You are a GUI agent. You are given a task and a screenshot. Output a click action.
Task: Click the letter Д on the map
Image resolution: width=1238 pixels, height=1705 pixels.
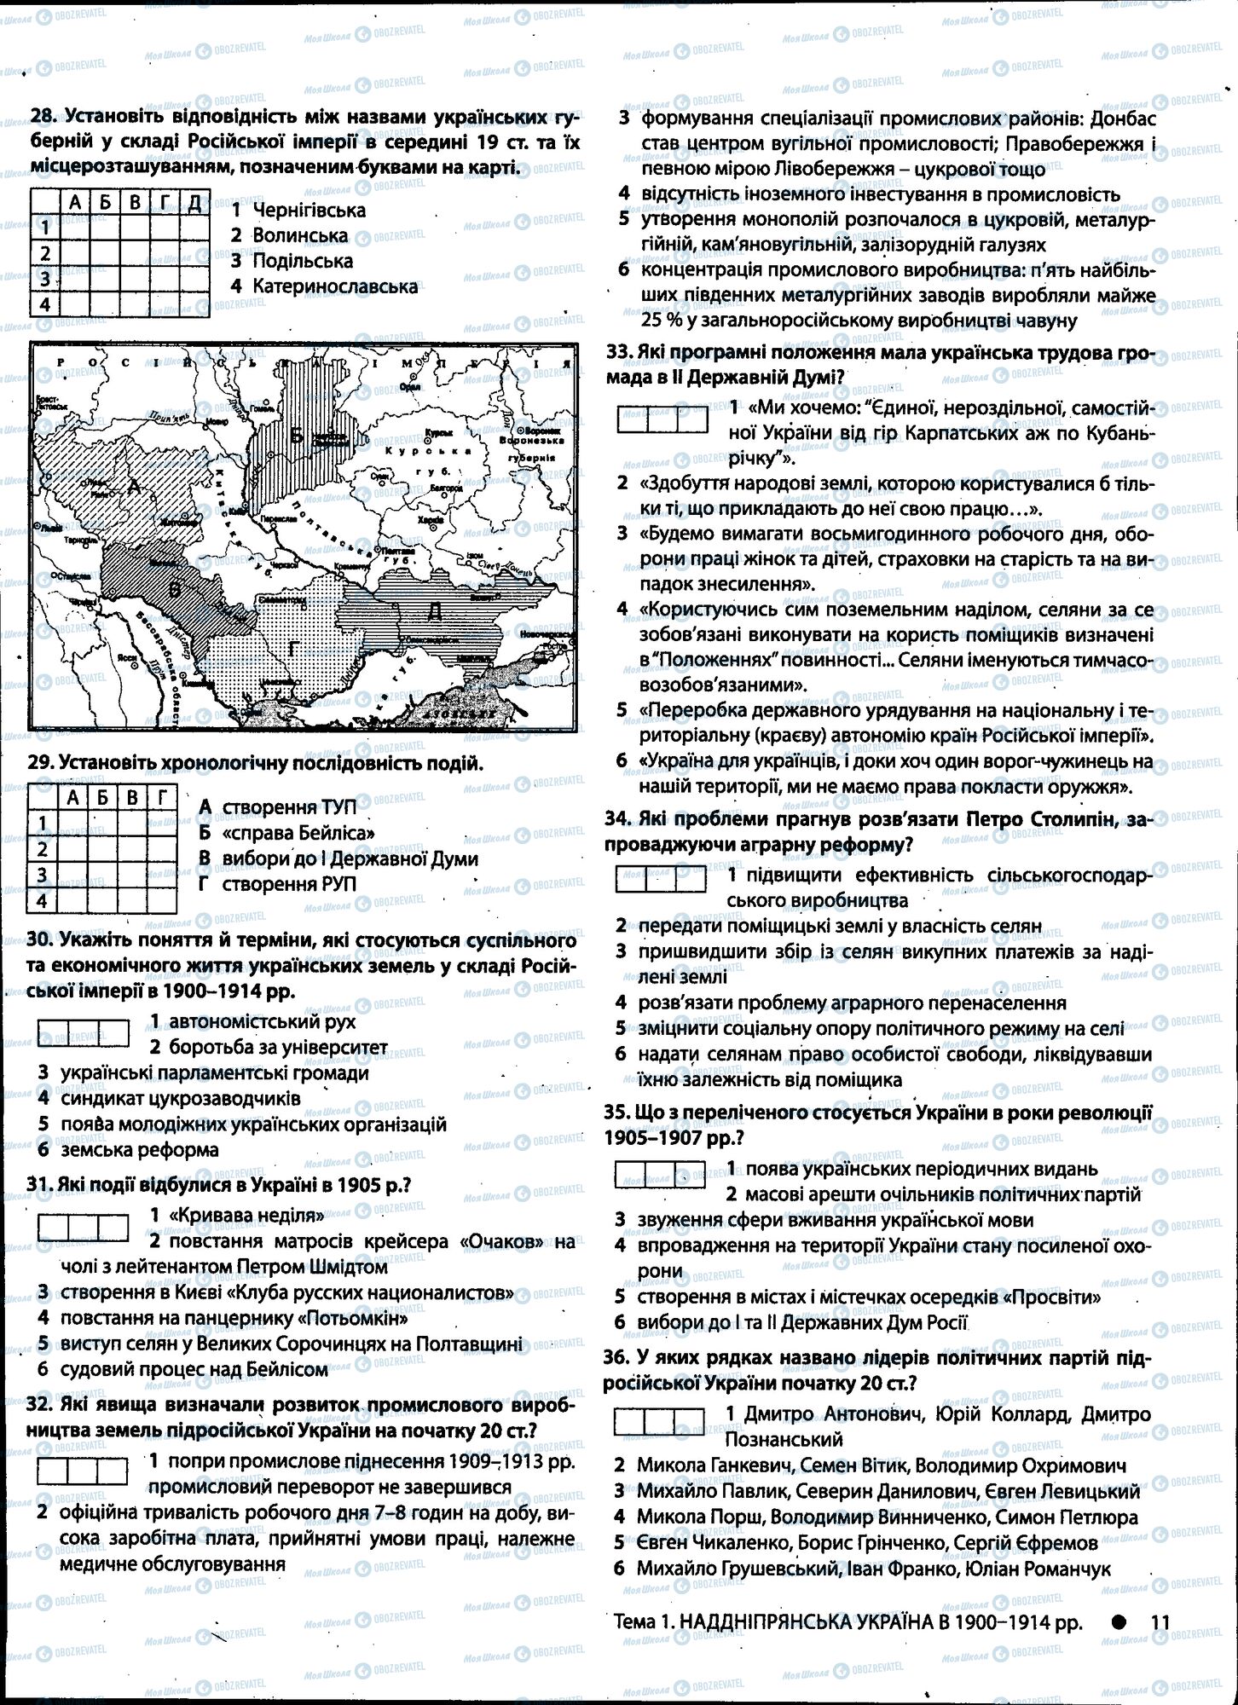click(434, 610)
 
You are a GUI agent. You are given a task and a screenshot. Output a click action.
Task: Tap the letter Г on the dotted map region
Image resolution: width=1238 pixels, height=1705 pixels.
click(292, 650)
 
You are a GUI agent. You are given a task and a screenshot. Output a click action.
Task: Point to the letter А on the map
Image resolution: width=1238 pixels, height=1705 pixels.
click(133, 488)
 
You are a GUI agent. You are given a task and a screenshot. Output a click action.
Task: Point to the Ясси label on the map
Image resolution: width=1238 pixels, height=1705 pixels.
click(128, 658)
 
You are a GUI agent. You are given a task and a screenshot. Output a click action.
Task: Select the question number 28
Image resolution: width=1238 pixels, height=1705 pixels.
click(42, 116)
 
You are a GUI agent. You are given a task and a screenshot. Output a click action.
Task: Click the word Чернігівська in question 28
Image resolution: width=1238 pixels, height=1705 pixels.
click(309, 210)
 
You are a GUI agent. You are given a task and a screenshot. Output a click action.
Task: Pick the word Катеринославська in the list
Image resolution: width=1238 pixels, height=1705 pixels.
click(335, 286)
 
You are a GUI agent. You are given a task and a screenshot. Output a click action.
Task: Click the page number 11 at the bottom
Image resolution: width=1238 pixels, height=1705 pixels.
click(1159, 1622)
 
